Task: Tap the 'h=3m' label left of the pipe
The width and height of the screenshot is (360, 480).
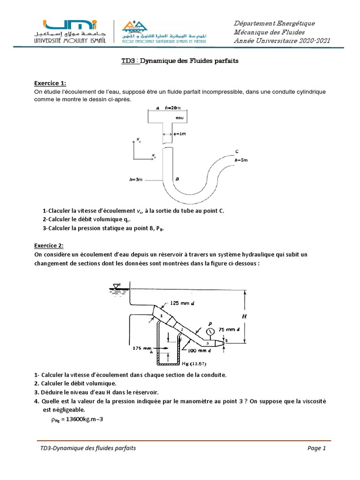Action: (135, 179)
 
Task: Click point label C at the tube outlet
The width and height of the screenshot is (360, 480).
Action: (237, 151)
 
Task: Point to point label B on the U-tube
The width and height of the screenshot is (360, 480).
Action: (177, 179)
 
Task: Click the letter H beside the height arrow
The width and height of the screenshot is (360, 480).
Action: (244, 316)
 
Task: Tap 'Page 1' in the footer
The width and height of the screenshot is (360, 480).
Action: (316, 448)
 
